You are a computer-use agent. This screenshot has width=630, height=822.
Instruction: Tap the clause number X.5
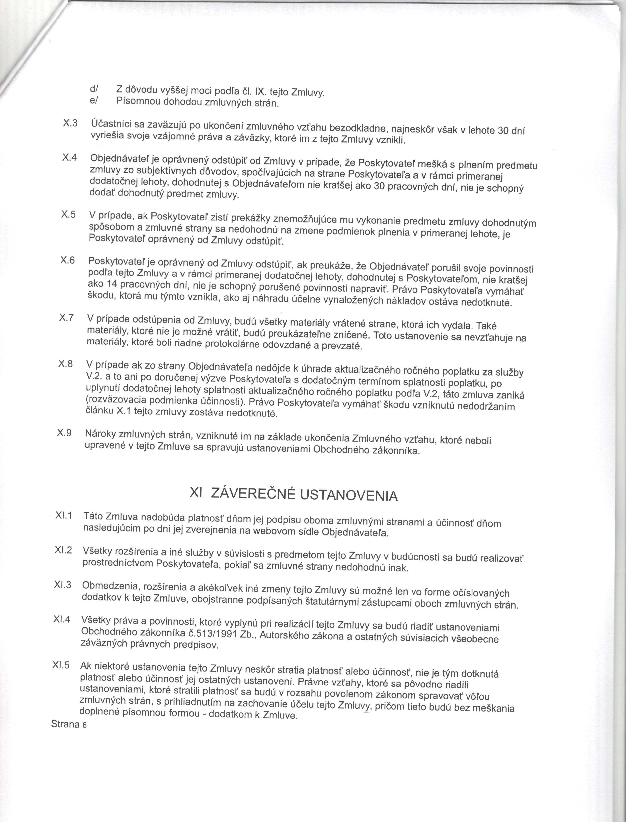point(69,214)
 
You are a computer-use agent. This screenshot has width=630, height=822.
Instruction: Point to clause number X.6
point(68,260)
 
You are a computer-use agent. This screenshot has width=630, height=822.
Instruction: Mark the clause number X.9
point(64,433)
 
